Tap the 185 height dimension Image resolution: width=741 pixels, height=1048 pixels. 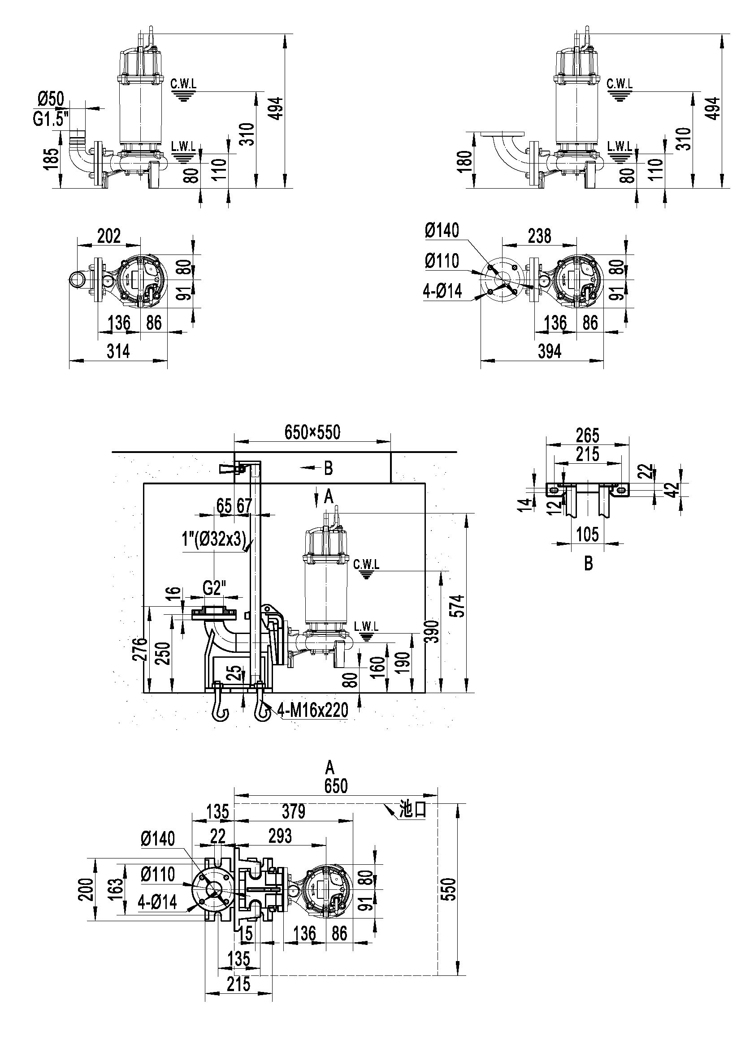click(53, 160)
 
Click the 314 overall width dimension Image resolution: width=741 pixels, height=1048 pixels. click(118, 351)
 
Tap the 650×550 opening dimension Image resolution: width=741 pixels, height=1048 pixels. click(312, 432)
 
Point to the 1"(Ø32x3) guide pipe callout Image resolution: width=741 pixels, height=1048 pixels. click(214, 540)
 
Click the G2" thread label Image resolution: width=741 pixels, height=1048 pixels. click(215, 588)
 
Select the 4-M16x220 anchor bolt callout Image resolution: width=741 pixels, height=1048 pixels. click(313, 710)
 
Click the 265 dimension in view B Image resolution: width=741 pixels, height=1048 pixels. click(587, 436)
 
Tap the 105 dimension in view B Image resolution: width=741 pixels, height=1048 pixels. click(587, 535)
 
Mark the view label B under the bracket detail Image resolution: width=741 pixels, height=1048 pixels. click(589, 565)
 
